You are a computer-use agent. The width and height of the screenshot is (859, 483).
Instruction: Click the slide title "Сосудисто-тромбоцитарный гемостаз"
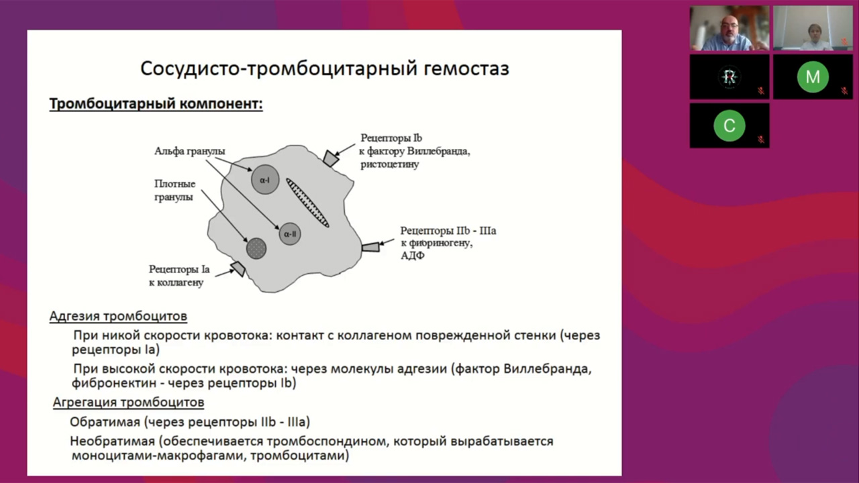(324, 68)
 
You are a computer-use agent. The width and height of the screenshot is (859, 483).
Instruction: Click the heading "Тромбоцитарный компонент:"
(156, 105)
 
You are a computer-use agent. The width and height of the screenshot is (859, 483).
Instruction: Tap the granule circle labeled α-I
(265, 179)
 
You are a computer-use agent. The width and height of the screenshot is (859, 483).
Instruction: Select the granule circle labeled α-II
(290, 234)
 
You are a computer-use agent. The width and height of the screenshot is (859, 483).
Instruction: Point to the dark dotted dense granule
(256, 248)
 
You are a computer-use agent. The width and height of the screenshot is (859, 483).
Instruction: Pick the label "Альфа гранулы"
(190, 151)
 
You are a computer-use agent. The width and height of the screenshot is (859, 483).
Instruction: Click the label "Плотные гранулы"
(174, 191)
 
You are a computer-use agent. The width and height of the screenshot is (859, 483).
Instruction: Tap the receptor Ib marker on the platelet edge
(330, 158)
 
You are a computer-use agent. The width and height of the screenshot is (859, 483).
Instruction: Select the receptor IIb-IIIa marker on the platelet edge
(370, 247)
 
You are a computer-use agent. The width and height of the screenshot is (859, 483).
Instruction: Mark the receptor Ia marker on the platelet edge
(238, 269)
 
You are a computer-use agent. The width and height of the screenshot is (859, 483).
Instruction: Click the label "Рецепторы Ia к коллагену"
(179, 276)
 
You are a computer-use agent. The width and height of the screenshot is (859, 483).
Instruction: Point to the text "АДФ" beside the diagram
(413, 256)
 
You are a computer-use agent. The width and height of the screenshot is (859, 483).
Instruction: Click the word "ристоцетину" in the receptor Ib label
(389, 164)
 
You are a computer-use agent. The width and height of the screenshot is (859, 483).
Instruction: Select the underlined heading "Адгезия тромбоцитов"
(118, 317)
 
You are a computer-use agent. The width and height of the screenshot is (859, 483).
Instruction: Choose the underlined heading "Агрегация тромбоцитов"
(129, 402)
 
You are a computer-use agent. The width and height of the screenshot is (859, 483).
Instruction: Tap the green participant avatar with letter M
(813, 77)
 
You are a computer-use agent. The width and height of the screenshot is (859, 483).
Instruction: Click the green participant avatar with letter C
(729, 125)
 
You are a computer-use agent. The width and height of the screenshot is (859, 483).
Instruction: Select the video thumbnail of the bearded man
(729, 28)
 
